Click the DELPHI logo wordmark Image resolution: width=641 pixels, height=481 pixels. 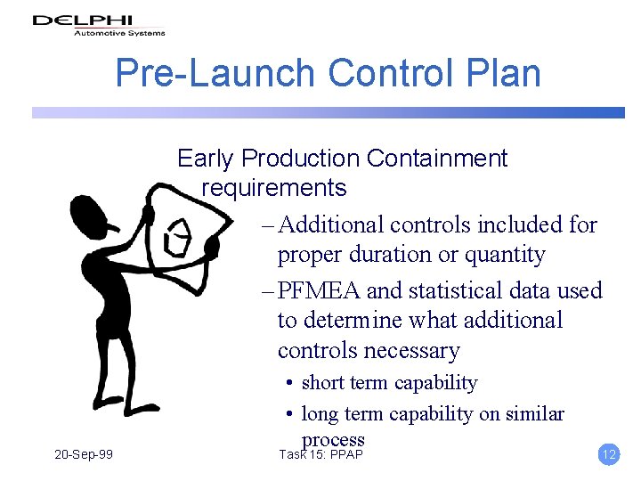coord(82,20)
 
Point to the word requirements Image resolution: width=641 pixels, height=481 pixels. coord(273,188)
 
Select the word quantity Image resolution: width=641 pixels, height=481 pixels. coord(500,255)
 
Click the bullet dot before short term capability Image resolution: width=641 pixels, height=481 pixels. coord(290,384)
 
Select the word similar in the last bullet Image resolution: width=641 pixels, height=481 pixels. coord(531,414)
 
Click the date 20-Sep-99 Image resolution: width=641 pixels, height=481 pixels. coord(83,455)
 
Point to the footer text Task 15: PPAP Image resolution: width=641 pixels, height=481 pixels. coord(321,455)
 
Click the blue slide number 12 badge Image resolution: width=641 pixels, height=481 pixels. coord(609,455)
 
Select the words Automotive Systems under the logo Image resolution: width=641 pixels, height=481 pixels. coord(118,34)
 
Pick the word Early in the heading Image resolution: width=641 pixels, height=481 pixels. coord(207,159)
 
